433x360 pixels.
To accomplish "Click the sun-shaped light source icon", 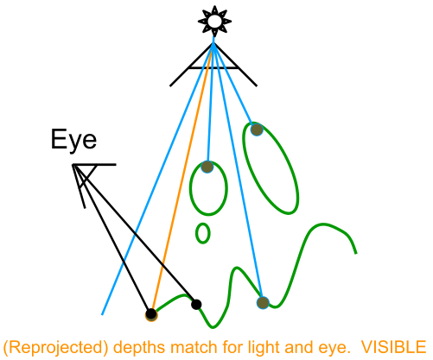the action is (x=214, y=22).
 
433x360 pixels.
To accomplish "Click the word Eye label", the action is (x=73, y=141).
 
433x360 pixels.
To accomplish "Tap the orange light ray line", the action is (x=182, y=178).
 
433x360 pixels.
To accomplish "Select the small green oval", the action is (x=203, y=233).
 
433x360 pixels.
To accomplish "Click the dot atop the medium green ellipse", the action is (x=207, y=167).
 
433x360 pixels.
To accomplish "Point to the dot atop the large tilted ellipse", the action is (x=257, y=129).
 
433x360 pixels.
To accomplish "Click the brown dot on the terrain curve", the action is (x=263, y=303).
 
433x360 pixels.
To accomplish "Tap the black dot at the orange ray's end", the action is (x=151, y=314).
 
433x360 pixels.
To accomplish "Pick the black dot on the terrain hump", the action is (x=196, y=304).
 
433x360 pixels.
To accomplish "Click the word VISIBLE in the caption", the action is (x=394, y=347).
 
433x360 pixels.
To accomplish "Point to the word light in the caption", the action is (x=262, y=348).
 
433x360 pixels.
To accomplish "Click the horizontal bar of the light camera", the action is (x=213, y=68).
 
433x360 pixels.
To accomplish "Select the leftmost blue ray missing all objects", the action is (x=157, y=179).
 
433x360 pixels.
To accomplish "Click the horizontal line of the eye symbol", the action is (x=94, y=165).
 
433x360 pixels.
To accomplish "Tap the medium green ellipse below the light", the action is (x=208, y=188).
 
